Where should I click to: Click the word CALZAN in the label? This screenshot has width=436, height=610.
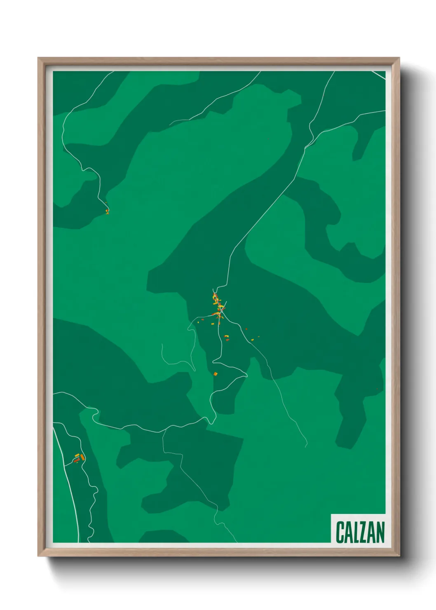click(x=360, y=532)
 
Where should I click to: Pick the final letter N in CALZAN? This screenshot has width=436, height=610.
click(x=380, y=532)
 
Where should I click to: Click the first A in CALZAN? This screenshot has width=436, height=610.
click(x=347, y=532)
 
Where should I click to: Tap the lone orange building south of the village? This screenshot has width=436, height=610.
click(x=215, y=374)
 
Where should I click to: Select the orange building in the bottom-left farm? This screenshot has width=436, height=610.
click(x=82, y=457)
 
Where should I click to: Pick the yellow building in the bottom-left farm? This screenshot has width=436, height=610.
click(x=77, y=455)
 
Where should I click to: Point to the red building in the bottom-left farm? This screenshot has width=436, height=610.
click(x=76, y=460)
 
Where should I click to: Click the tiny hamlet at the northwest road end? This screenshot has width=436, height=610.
click(x=107, y=211)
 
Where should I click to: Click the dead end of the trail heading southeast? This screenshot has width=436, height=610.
click(x=307, y=446)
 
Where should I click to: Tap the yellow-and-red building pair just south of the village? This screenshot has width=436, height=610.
click(x=226, y=338)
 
